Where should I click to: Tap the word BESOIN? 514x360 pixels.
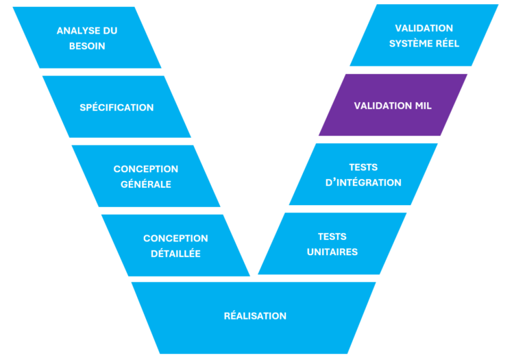87,46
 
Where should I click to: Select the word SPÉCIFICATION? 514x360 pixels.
117,108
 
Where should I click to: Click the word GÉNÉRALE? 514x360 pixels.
145,184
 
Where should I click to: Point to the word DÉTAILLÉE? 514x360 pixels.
175,253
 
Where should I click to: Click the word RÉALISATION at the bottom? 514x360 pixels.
255,316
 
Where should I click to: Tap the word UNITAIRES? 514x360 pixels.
332,252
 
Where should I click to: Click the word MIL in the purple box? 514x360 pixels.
423,106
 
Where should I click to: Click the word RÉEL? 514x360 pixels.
447,43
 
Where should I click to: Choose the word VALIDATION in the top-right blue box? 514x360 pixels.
424,28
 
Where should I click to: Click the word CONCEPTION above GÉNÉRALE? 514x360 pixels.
145,169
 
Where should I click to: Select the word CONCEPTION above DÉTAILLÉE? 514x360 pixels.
175,238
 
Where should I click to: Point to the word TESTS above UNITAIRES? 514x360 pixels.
332,237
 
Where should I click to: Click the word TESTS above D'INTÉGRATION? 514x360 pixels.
363,167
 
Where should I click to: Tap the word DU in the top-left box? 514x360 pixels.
108,31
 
